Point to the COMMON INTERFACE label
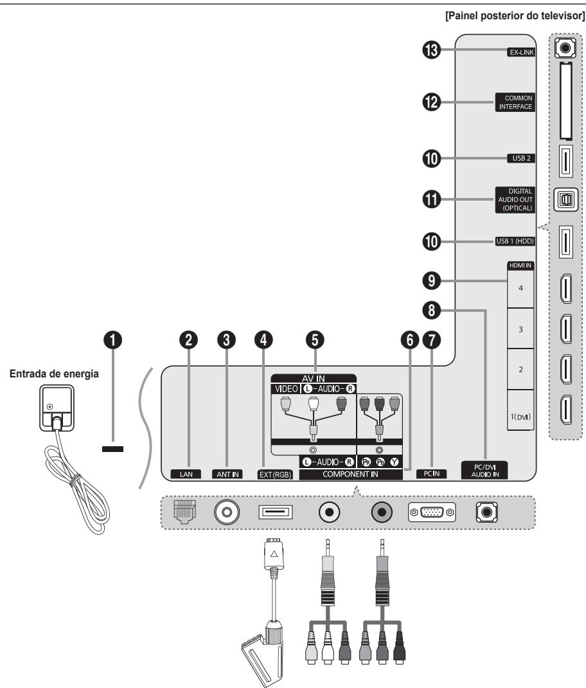click(515, 102)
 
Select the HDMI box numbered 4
click(520, 288)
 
